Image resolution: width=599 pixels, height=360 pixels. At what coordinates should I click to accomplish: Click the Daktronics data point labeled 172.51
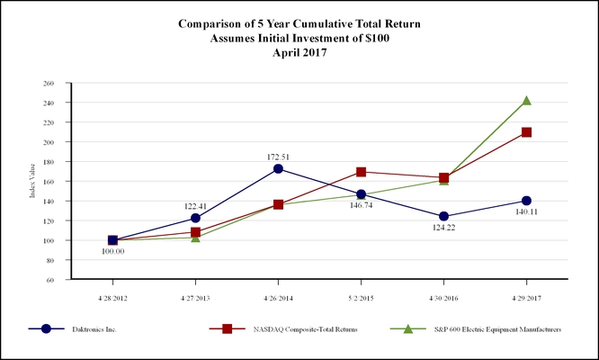(278, 168)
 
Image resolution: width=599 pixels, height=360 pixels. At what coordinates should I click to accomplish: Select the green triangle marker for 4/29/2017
(526, 101)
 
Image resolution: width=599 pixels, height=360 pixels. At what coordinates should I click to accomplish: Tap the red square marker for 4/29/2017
(526, 132)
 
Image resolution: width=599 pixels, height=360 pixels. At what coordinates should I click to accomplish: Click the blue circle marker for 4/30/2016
(443, 216)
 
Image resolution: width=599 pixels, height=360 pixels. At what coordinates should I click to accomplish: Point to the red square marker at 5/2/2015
(361, 172)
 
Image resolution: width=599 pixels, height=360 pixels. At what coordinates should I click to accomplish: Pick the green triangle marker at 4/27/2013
(195, 237)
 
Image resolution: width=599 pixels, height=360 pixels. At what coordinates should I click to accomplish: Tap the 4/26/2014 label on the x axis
(278, 294)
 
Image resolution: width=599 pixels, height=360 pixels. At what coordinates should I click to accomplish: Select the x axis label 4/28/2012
(112, 294)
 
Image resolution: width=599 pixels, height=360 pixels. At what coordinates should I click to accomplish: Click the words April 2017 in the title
(299, 52)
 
